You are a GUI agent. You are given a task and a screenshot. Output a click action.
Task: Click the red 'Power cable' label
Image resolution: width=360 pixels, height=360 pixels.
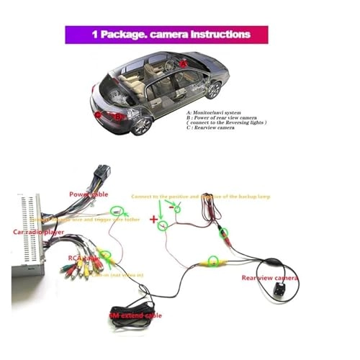pyautogui.click(x=89, y=194)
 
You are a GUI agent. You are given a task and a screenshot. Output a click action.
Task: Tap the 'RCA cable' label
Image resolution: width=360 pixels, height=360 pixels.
pyautogui.click(x=84, y=256)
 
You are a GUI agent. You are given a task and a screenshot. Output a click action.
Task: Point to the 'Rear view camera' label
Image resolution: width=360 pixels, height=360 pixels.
pyautogui.click(x=269, y=277)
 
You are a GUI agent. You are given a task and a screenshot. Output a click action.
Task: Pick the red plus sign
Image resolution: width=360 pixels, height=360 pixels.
pyautogui.click(x=153, y=217)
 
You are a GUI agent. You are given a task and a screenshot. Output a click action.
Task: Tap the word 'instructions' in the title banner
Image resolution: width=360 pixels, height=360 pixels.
pyautogui.click(x=219, y=35)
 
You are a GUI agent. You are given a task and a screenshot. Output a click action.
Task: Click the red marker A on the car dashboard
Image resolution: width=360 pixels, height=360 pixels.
pyautogui.click(x=184, y=63)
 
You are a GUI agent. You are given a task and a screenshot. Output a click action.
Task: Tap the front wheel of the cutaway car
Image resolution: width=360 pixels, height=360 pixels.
pyautogui.click(x=213, y=89)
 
